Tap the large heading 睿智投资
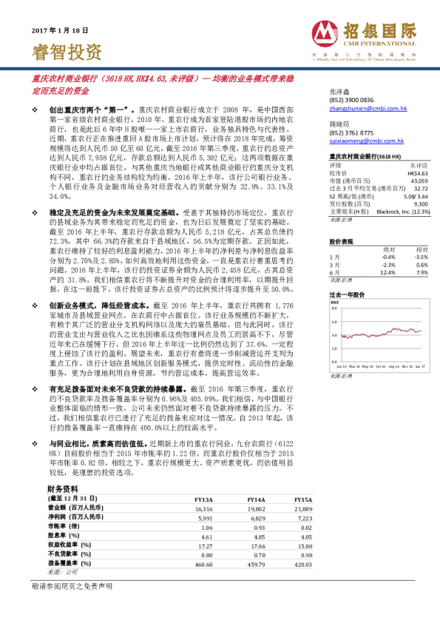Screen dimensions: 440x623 pos(67,52)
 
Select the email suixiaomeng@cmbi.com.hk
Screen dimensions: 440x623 pos(365,140)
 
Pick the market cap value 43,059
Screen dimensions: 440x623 pos(419,181)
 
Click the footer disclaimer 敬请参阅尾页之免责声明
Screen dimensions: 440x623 pos(72,606)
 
